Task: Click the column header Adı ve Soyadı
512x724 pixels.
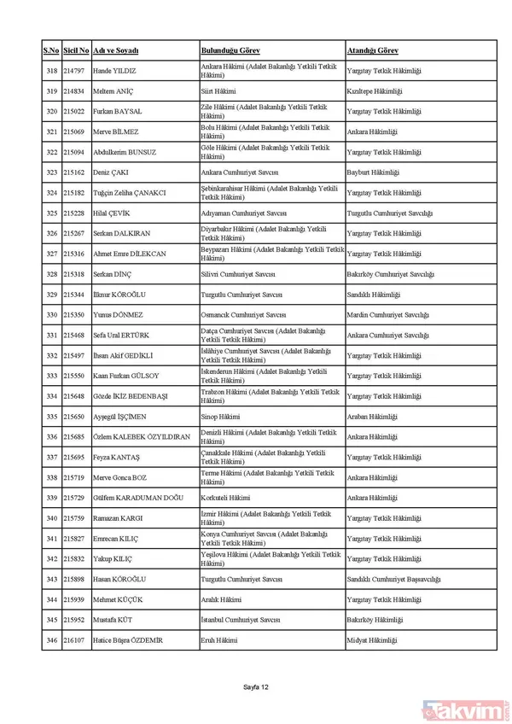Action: click(x=115, y=51)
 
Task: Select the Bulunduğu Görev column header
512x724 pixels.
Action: click(x=230, y=51)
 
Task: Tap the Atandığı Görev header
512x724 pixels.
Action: click(x=373, y=51)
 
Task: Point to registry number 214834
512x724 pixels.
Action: click(x=74, y=91)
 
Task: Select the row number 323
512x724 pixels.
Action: click(x=51, y=172)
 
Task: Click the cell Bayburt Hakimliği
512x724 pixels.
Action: click(x=373, y=172)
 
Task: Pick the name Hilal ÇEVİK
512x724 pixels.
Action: click(x=111, y=213)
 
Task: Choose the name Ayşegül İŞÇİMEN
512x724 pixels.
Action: click(x=120, y=417)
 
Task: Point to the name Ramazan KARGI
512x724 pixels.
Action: click(x=118, y=518)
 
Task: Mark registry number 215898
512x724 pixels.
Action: click(x=74, y=579)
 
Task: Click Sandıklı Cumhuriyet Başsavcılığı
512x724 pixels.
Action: click(x=393, y=579)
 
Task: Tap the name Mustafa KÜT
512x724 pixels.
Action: click(x=113, y=620)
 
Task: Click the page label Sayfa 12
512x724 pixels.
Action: click(x=256, y=686)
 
